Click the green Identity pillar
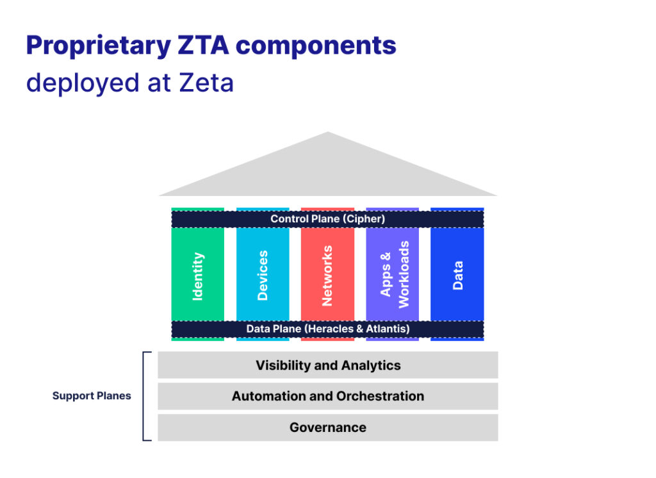pyautogui.click(x=197, y=276)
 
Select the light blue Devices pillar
pyautogui.click(x=263, y=276)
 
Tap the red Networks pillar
pyautogui.click(x=327, y=276)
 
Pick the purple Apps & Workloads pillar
pyautogui.click(x=393, y=276)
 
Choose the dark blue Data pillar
pyautogui.click(x=457, y=276)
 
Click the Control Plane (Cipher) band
pyautogui.click(x=327, y=219)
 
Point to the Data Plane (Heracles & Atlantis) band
pyautogui.click(x=327, y=329)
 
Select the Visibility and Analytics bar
pyautogui.click(x=327, y=365)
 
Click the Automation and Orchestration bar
pyautogui.click(x=327, y=396)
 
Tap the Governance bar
pyautogui.click(x=327, y=427)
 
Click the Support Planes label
pyautogui.click(x=92, y=396)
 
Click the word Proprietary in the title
pyautogui.click(x=96, y=46)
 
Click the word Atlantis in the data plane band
pyautogui.click(x=386, y=329)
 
